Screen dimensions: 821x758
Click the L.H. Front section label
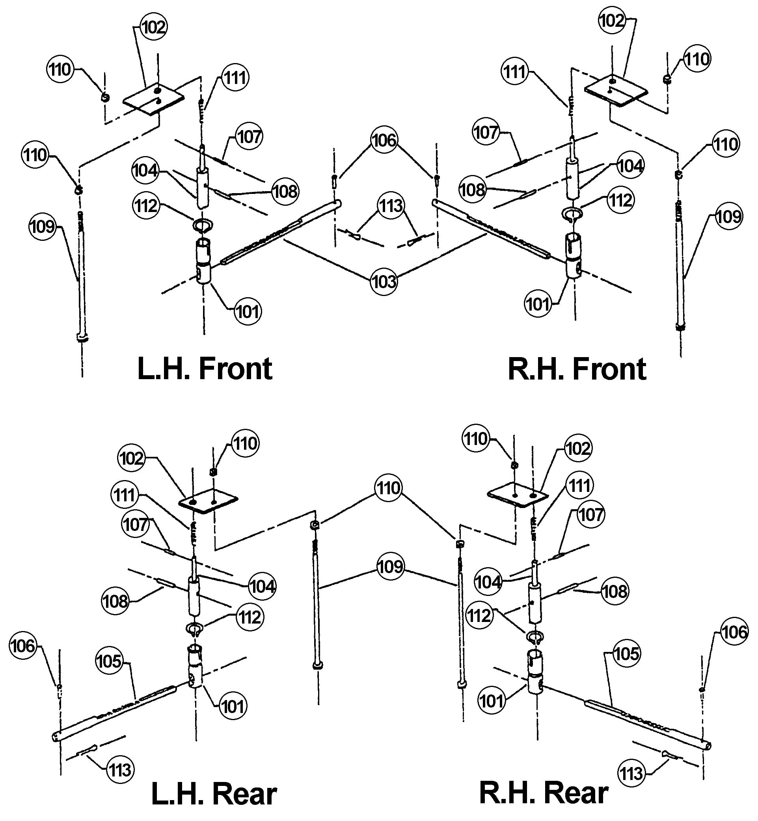(205, 369)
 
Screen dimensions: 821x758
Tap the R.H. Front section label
(577, 369)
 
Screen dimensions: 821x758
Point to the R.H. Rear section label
(544, 793)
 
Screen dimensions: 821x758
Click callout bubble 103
(384, 282)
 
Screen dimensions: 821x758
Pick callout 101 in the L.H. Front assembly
(248, 312)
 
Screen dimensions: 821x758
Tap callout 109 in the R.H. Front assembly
(728, 216)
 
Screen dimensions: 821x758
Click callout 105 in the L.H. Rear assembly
(109, 661)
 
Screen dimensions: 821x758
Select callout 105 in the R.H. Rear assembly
(627, 653)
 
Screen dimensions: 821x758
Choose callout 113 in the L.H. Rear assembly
(120, 770)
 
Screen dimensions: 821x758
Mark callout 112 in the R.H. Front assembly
(620, 201)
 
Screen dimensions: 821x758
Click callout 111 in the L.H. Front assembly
(235, 78)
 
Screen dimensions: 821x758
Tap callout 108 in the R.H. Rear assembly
(615, 591)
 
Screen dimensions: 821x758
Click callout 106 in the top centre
(384, 140)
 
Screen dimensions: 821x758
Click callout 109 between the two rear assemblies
(390, 567)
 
